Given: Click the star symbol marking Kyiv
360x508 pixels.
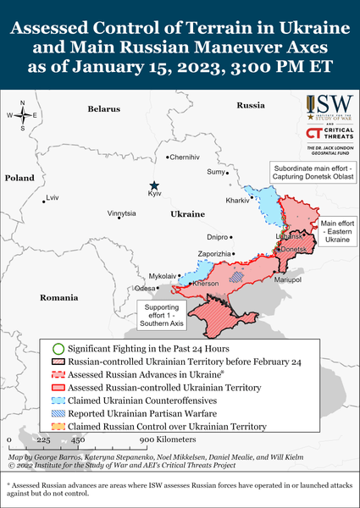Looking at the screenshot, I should pos(154,185).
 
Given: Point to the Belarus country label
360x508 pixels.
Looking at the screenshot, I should pos(105,109).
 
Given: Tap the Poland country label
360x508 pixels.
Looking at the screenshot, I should pos(19,179).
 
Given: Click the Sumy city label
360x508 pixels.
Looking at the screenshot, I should pos(216,172).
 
